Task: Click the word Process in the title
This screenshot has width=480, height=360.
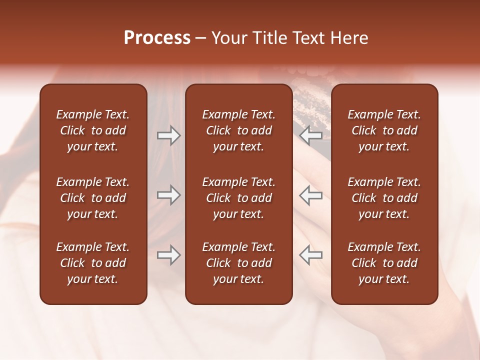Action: click(157, 38)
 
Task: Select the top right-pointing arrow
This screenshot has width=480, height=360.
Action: click(168, 135)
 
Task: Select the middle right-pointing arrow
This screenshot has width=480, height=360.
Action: click(168, 195)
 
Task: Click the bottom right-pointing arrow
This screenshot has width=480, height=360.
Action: click(168, 255)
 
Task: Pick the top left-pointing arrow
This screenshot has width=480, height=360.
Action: click(310, 135)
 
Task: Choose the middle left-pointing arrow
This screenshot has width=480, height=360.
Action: click(310, 195)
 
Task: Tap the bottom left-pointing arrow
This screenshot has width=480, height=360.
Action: click(310, 255)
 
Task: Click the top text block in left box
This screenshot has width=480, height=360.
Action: click(93, 130)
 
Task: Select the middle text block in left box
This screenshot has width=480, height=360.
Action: click(93, 198)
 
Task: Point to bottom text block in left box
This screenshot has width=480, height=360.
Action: click(93, 263)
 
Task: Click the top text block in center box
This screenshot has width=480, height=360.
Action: click(238, 130)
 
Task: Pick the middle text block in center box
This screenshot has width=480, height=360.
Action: click(238, 198)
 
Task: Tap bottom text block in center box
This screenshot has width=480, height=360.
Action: click(238, 263)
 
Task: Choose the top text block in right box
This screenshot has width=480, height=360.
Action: click(384, 130)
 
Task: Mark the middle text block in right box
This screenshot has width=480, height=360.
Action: click(384, 198)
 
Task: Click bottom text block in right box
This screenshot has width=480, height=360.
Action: click(384, 263)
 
